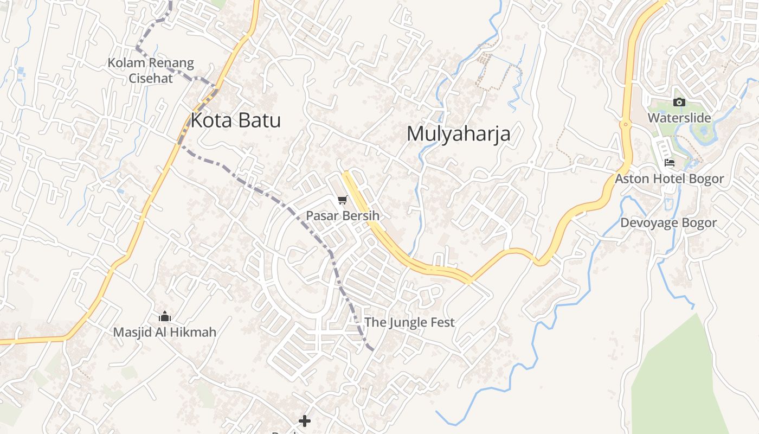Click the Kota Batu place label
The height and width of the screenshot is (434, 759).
(x=235, y=120)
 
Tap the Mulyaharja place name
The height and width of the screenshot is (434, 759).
(x=458, y=133)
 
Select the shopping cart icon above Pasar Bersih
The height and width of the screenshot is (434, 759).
(x=342, y=201)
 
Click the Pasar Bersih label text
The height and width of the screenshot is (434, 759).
(x=342, y=216)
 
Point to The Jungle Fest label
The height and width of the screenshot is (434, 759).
(x=409, y=322)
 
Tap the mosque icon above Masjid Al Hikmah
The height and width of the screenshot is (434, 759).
(x=165, y=317)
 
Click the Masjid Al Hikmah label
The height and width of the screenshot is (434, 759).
(x=164, y=332)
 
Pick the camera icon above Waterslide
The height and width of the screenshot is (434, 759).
(x=679, y=102)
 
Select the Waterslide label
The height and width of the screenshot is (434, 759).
(x=679, y=118)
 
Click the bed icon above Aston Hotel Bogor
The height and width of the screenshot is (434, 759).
(x=670, y=163)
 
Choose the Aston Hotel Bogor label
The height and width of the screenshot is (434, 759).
(x=669, y=178)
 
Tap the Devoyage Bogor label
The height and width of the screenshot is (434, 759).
(x=668, y=223)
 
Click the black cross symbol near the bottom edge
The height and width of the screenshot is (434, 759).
(x=305, y=420)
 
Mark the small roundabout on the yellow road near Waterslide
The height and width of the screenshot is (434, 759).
(x=626, y=124)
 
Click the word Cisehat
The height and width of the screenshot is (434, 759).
(x=151, y=78)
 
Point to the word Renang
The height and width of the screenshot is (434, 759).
(x=169, y=63)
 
